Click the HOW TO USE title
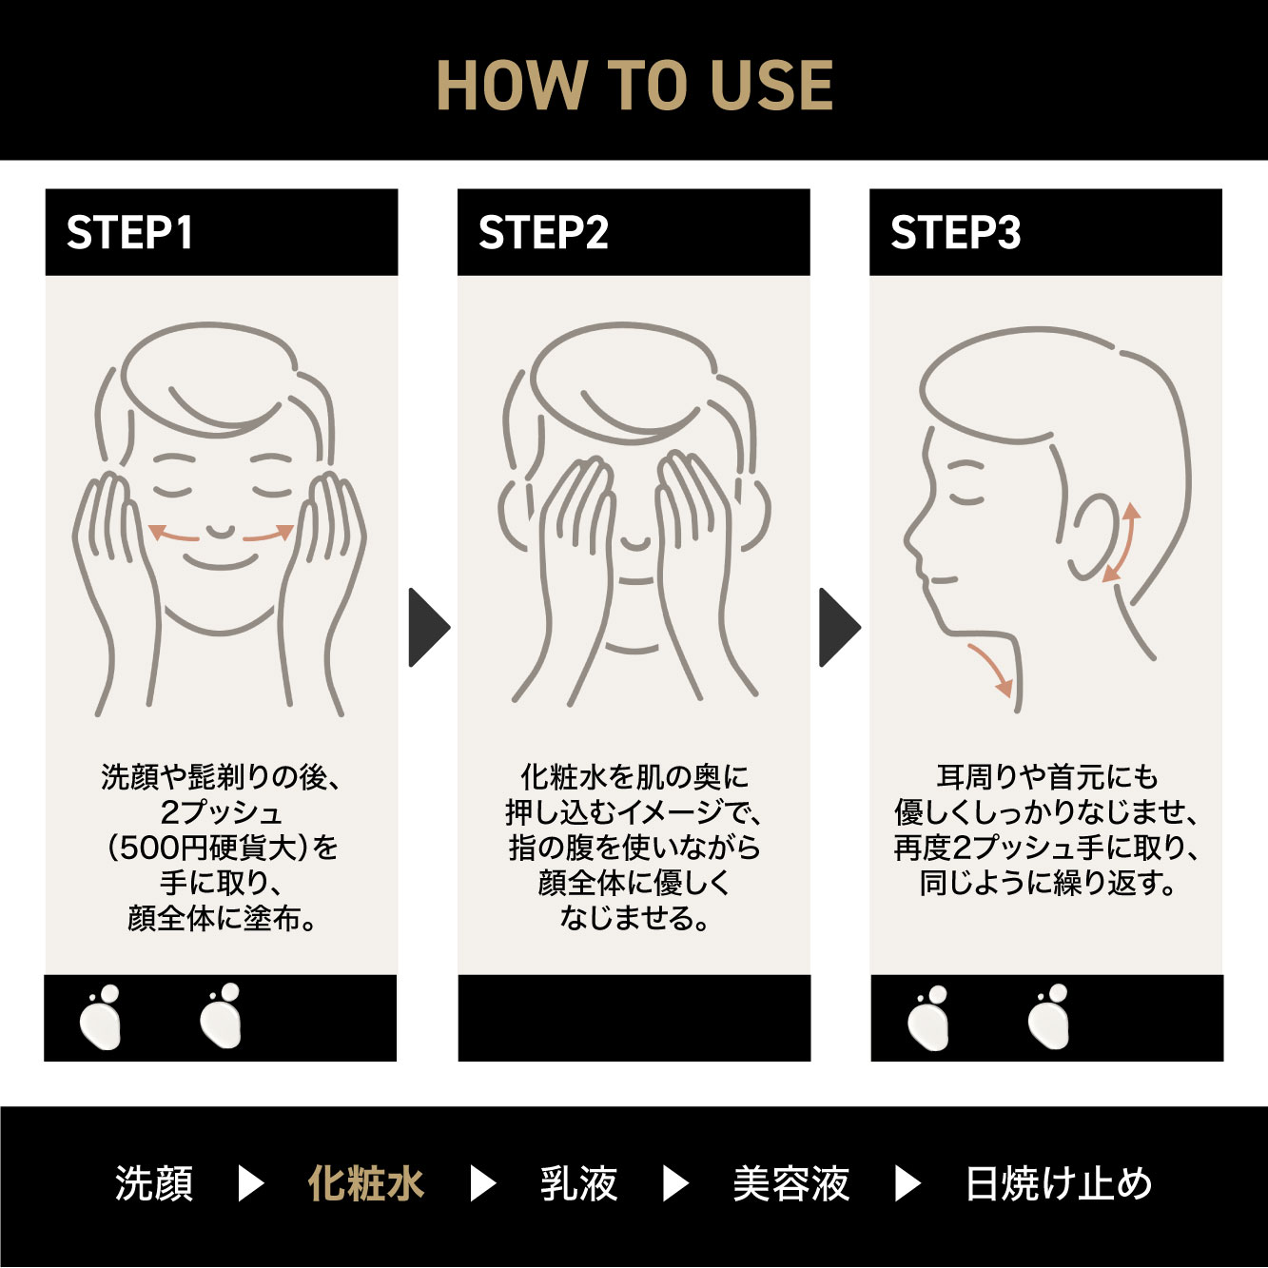point(634,85)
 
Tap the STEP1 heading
point(129,232)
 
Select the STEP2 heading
point(543,232)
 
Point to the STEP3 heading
point(955,232)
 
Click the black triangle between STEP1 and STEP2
point(428,627)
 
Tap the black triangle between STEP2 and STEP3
point(839,627)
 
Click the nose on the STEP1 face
point(220,532)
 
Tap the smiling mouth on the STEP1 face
point(221,562)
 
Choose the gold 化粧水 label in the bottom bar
point(366,1183)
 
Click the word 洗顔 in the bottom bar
point(154,1183)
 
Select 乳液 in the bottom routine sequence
point(578,1183)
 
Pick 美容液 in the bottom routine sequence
point(790,1183)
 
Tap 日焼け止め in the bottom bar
point(1058,1183)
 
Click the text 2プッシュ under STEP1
point(221,812)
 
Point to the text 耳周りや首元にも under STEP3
point(1047,777)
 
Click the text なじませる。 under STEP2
point(634,918)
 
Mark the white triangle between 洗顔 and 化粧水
point(250,1183)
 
